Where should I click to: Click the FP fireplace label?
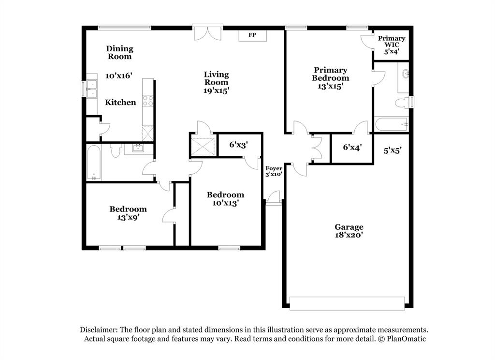click(x=252, y=35)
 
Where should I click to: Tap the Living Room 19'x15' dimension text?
click(x=216, y=90)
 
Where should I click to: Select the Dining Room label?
click(x=119, y=52)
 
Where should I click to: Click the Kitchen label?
click(x=120, y=102)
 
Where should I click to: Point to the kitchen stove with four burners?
click(x=148, y=101)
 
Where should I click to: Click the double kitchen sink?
click(x=91, y=90)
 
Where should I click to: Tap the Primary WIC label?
click(x=392, y=42)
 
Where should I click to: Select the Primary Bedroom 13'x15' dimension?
click(x=330, y=86)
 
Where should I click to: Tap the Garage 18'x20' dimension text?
click(x=349, y=235)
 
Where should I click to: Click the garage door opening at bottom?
click(x=346, y=302)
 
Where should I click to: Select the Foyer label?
click(x=274, y=168)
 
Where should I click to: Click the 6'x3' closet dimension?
click(x=238, y=144)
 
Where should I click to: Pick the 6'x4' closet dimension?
click(x=352, y=147)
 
